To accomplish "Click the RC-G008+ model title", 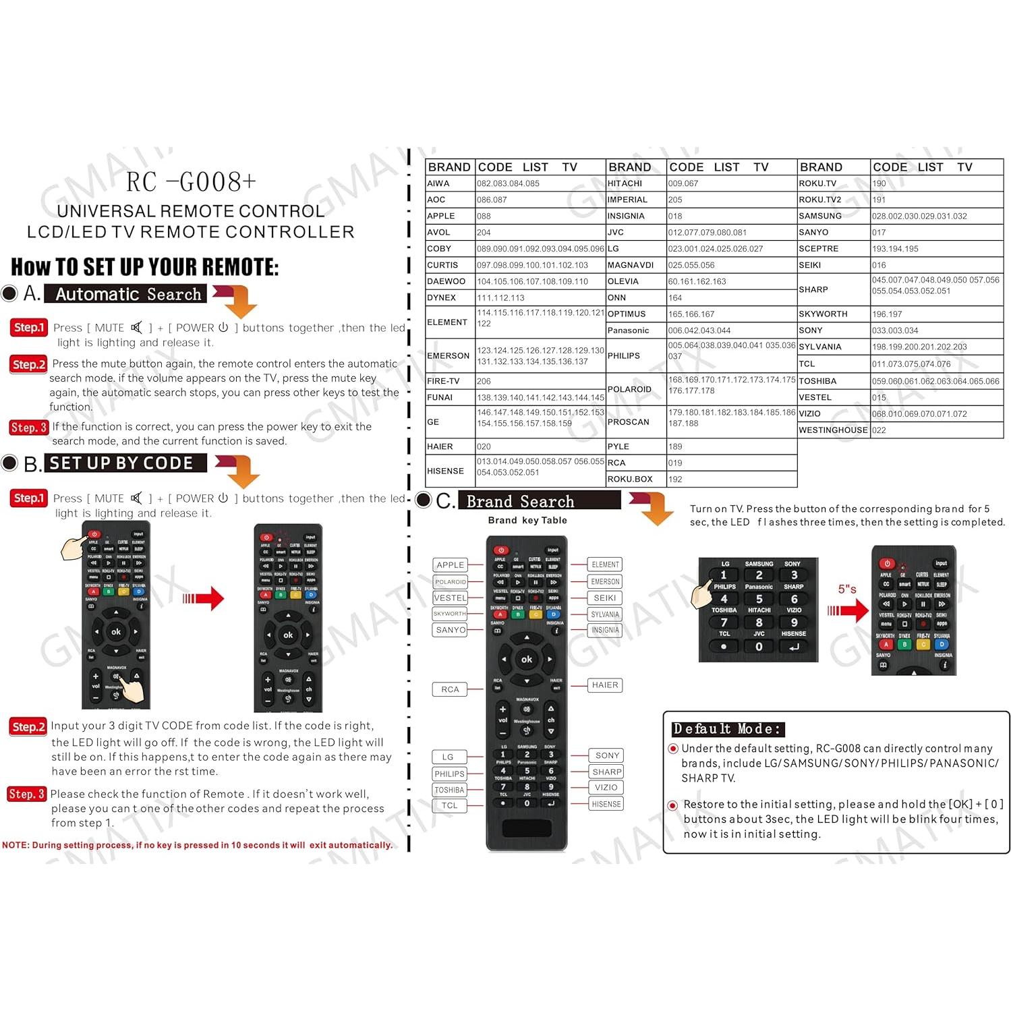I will (x=191, y=182).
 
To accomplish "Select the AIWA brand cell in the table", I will (x=438, y=183).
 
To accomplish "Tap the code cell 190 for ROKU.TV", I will (x=879, y=183).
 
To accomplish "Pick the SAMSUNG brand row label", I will (x=820, y=216).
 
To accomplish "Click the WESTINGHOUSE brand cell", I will (x=833, y=430).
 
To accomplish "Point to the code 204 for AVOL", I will (x=484, y=233).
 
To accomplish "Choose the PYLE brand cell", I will (x=618, y=446).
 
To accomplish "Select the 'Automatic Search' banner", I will (x=128, y=295).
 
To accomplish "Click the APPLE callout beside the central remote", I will (x=450, y=565).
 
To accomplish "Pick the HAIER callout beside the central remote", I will (x=605, y=685).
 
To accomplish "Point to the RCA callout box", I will (x=450, y=689).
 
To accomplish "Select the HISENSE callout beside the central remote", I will (x=606, y=804).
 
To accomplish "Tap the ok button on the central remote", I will (x=527, y=660).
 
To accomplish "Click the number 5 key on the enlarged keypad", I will (x=759, y=599).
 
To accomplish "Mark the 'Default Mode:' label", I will (x=728, y=729).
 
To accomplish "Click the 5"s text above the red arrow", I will (x=847, y=589).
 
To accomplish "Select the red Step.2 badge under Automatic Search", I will (x=29, y=364).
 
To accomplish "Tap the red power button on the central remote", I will (x=500, y=550).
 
